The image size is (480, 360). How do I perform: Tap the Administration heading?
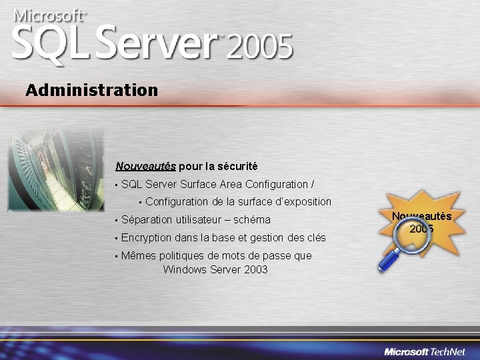coord(92,89)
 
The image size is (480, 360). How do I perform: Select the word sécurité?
coord(239,166)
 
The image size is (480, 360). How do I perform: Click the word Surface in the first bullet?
coord(198,184)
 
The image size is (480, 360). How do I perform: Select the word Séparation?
coord(147,219)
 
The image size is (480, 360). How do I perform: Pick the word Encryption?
coord(147,237)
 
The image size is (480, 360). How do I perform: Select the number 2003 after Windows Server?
coord(255,269)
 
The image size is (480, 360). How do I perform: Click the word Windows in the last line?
coord(184,269)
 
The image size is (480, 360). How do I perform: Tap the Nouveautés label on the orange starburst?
coord(421,216)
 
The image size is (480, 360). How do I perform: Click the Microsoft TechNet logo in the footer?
coord(427,351)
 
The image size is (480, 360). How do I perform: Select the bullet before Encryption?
coord(116,238)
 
